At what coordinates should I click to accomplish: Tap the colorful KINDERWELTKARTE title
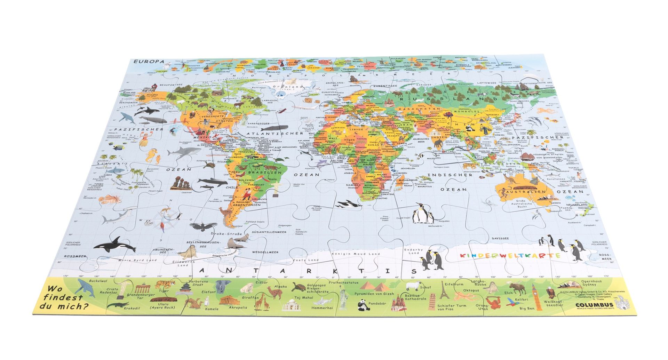[510, 256]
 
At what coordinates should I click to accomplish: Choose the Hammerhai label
[322, 307]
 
